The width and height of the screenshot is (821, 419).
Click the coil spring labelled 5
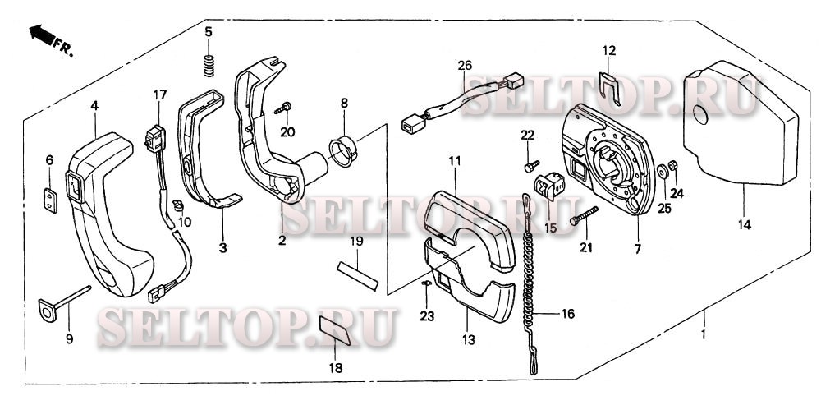pos(209,65)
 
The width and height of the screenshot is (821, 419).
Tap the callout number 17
pos(160,94)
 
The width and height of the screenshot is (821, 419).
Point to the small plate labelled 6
pos(50,201)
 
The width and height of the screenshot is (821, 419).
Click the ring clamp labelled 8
pos(342,151)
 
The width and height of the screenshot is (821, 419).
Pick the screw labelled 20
pos(282,109)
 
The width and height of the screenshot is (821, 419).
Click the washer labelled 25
pos(663,171)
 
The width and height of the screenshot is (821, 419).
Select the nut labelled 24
pos(674,165)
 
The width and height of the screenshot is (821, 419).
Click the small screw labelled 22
pos(531,166)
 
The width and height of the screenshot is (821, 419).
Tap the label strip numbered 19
pos(358,275)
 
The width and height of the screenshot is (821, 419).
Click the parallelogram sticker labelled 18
pos(335,330)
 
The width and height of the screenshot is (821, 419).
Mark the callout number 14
pos(744,225)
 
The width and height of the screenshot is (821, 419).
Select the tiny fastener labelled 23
pos(425,283)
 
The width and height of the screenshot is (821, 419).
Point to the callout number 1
pos(704,334)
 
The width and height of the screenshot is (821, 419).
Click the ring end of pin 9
pos(47,309)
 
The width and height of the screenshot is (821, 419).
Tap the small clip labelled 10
pos(178,204)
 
